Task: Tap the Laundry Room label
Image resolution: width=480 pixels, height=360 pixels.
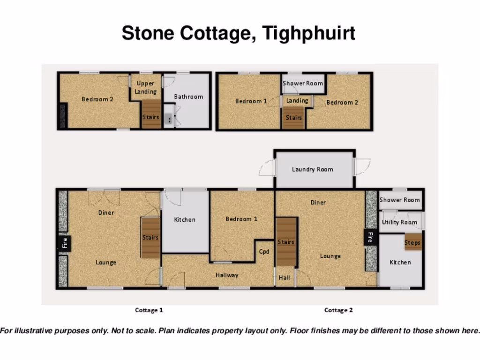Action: pyautogui.click(x=312, y=169)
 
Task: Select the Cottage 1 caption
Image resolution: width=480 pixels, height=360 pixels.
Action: pyautogui.click(x=149, y=310)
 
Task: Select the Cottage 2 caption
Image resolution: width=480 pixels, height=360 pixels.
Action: pyautogui.click(x=338, y=310)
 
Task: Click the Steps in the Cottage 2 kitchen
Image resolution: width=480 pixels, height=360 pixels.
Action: pyautogui.click(x=412, y=242)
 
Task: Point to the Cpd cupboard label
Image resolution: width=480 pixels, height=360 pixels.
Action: pyautogui.click(x=264, y=251)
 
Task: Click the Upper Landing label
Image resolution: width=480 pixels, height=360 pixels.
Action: pyautogui.click(x=145, y=87)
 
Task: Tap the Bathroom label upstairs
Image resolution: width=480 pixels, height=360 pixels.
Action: pyautogui.click(x=188, y=97)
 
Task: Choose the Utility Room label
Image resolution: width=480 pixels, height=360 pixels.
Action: pyautogui.click(x=399, y=222)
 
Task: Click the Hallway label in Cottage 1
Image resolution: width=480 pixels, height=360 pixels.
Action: pyautogui.click(x=227, y=275)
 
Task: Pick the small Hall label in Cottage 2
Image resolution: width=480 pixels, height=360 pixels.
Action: pyautogui.click(x=284, y=277)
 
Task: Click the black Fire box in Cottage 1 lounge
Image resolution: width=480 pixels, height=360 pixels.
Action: pyautogui.click(x=65, y=243)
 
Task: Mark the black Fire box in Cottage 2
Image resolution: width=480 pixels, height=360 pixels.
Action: pyautogui.click(x=370, y=237)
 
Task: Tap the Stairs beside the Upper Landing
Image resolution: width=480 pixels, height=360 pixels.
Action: pyautogui.click(x=151, y=117)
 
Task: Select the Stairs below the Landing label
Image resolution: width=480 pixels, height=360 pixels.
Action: pyautogui.click(x=294, y=118)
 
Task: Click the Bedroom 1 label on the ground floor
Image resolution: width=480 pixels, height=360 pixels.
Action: pyautogui.click(x=241, y=219)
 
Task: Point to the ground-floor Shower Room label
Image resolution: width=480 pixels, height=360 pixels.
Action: pyautogui.click(x=399, y=200)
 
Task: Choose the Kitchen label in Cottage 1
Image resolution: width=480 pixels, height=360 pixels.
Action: pyautogui.click(x=185, y=219)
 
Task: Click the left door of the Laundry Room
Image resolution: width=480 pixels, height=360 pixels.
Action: pyautogui.click(x=267, y=168)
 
